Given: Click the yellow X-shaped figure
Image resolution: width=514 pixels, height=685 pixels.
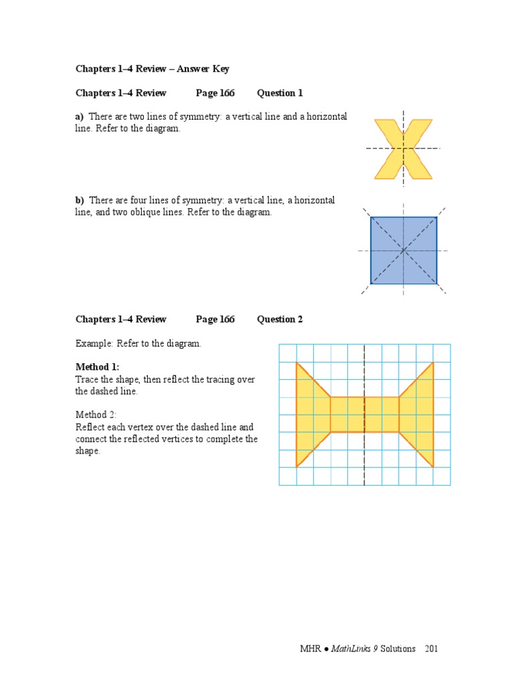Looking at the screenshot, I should coord(403,149).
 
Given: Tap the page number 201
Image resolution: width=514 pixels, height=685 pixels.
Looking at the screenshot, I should coord(432,649).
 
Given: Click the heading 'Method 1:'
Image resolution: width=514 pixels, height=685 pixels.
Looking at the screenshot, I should coord(98,367).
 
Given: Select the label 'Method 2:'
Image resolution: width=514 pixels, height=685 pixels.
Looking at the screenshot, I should coord(96,415).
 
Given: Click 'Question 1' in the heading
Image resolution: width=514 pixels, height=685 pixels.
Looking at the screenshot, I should coord(280,93).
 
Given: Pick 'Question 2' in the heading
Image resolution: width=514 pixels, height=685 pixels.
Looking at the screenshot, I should coord(280,319).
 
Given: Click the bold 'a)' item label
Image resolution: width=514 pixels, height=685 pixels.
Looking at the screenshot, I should coord(80,116).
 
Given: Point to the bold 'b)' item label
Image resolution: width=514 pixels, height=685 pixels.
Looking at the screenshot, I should coord(80,200).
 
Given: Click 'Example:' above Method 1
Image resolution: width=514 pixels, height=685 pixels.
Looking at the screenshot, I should coord(94,343).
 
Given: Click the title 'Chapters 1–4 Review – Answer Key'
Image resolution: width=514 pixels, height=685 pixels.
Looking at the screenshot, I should coord(153,69).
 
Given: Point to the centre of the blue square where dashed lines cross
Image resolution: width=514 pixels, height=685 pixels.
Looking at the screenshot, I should coord(404,250).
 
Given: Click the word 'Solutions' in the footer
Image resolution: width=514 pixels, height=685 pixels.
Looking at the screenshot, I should coord(398,649).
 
